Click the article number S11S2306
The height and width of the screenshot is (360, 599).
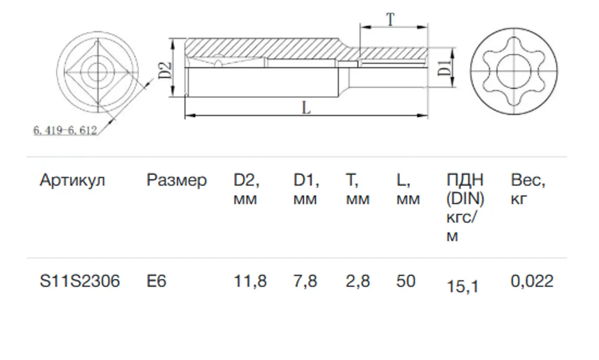(x=80, y=281)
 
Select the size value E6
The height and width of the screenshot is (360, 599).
(x=156, y=281)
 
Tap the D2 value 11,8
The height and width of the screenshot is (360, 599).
(x=250, y=281)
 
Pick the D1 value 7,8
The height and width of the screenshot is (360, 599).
(x=305, y=281)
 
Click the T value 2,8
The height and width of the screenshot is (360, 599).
(x=358, y=281)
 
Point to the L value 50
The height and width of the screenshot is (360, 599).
(x=406, y=281)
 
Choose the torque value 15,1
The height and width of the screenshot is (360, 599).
(x=463, y=287)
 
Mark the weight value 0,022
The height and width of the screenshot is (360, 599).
(x=532, y=281)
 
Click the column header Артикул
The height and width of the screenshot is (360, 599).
(x=73, y=181)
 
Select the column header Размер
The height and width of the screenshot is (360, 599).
(x=177, y=181)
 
